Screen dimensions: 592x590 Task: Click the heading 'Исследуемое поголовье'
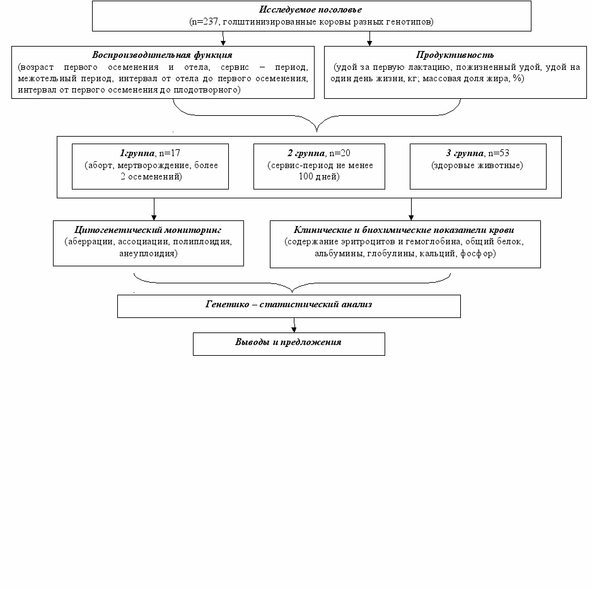(x=310, y=10)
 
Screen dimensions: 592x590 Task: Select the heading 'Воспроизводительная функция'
(x=163, y=55)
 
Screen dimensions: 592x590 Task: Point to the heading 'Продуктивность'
(x=455, y=55)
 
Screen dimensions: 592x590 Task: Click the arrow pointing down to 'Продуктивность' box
(x=369, y=38)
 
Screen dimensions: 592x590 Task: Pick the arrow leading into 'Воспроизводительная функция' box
(x=223, y=38)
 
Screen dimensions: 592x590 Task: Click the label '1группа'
(x=137, y=153)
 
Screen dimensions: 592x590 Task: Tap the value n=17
(x=170, y=153)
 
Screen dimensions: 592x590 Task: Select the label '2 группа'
(x=306, y=153)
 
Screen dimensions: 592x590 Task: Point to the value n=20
(x=340, y=153)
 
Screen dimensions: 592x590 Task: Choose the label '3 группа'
(x=465, y=153)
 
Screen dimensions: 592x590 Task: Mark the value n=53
(x=499, y=153)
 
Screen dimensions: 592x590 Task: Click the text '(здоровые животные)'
(x=477, y=165)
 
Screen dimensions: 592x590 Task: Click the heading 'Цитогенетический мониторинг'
(x=148, y=230)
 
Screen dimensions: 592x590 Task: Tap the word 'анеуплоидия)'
(x=148, y=253)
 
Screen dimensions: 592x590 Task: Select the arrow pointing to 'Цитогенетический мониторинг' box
(x=154, y=209)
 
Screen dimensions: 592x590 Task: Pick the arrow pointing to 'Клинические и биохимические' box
(x=411, y=209)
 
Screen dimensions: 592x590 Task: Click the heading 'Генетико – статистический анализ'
(x=289, y=304)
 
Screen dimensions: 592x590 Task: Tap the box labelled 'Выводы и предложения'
(x=289, y=344)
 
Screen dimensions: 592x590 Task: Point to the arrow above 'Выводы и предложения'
(x=294, y=325)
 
